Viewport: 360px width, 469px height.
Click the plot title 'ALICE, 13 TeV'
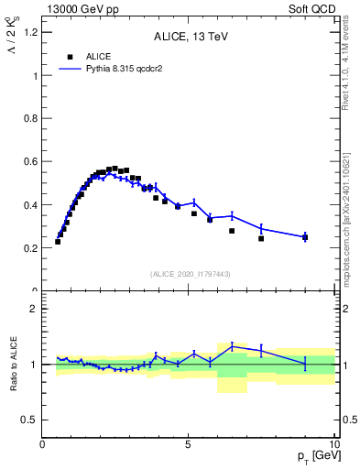[x=189, y=38]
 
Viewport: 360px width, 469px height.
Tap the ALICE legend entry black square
[x=70, y=57]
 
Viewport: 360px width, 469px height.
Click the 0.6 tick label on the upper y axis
[x=30, y=162]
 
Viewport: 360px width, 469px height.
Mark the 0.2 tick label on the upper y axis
[x=30, y=248]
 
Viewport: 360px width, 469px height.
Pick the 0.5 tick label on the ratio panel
[x=28, y=420]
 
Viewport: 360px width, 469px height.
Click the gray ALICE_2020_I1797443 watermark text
[x=189, y=273]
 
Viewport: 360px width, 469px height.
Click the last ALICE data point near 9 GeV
[x=305, y=237]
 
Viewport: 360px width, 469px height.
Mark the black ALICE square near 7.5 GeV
[x=261, y=238]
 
